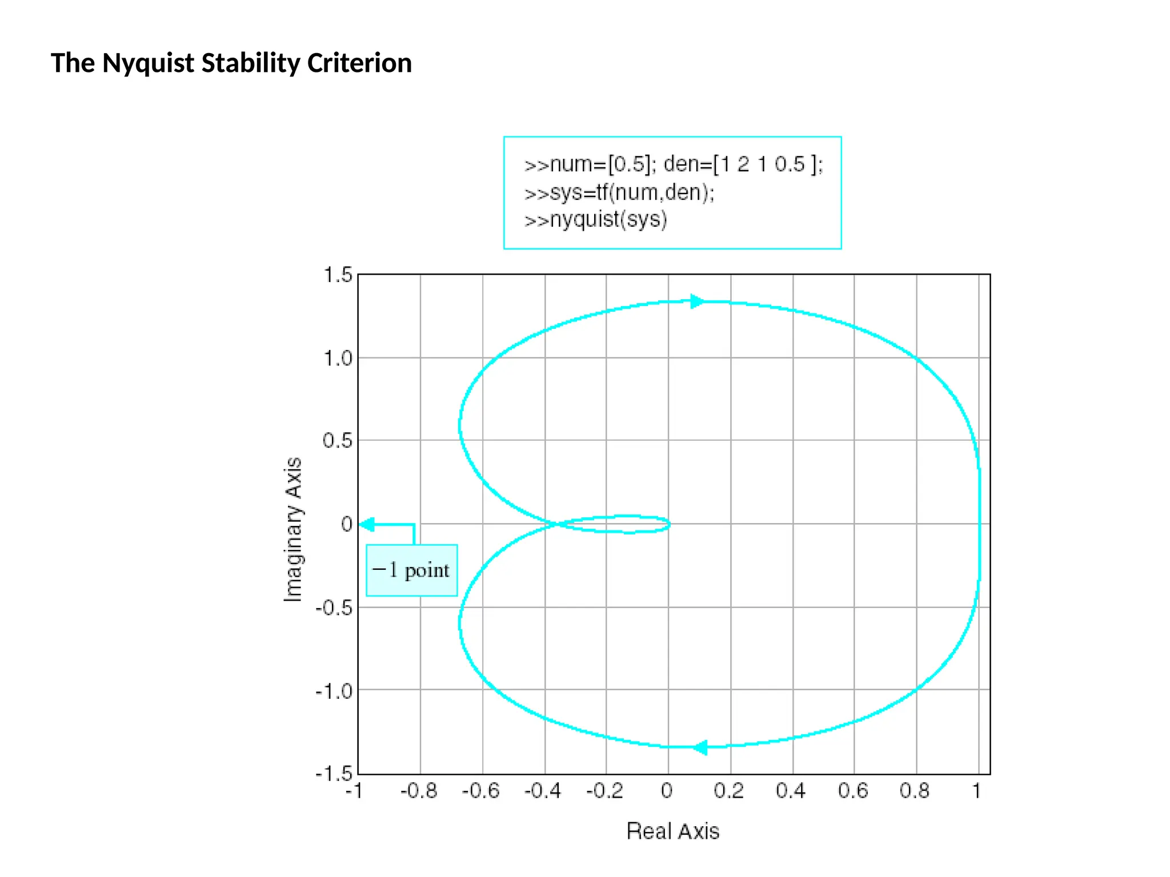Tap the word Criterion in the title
[359, 63]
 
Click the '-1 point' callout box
[411, 570]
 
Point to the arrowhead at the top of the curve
[697, 301]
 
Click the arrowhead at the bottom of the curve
[700, 747]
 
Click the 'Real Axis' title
[673, 831]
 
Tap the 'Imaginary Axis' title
[293, 529]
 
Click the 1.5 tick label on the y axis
[338, 275]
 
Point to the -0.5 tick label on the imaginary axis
[334, 608]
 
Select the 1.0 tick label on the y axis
[338, 359]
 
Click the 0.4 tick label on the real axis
[791, 791]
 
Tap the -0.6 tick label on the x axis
[480, 791]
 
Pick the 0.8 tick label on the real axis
[915, 791]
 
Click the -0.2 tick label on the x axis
[604, 791]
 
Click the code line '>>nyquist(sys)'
[596, 220]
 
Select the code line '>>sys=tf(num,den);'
[619, 192]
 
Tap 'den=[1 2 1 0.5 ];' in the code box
[743, 164]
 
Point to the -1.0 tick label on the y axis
[334, 691]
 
